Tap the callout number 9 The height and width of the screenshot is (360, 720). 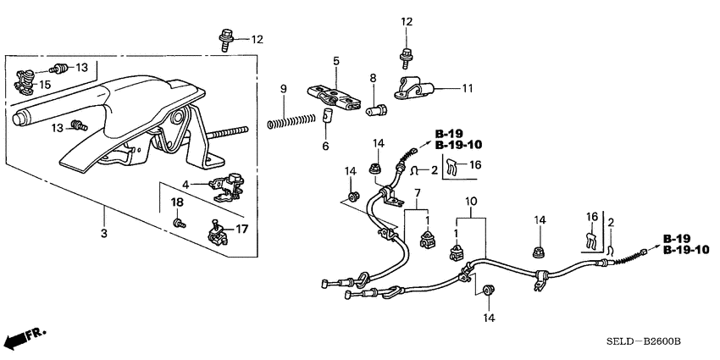[x=285, y=89]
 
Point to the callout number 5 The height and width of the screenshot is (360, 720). [x=335, y=61]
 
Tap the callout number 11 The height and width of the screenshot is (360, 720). [x=467, y=88]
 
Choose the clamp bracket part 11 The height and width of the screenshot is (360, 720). [x=415, y=88]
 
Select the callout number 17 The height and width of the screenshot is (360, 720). [x=241, y=228]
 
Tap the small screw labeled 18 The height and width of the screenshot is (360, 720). [x=179, y=223]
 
